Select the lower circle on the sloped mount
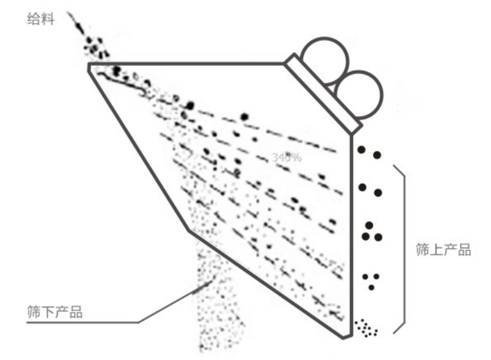coord(358,93)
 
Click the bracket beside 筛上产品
coord(400,249)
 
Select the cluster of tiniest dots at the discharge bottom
coord(366,328)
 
